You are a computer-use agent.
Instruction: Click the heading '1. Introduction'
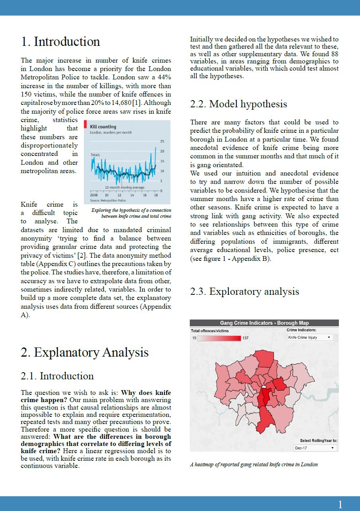(x=61, y=42)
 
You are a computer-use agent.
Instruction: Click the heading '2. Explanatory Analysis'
(x=85, y=353)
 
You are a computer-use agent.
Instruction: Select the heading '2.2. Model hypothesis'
(x=238, y=104)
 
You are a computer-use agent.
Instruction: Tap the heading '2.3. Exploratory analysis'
(x=244, y=292)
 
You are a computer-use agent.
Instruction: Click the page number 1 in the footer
(x=340, y=505)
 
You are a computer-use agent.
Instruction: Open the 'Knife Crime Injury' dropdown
(x=310, y=337)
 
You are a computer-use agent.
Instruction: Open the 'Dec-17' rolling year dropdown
(x=315, y=448)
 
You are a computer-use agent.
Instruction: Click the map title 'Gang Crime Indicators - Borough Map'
(x=264, y=323)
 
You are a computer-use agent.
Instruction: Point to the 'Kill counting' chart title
(x=103, y=126)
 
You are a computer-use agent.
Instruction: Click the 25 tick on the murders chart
(x=161, y=142)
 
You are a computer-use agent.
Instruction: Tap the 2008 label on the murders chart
(x=94, y=195)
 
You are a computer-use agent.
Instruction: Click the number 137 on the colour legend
(x=246, y=338)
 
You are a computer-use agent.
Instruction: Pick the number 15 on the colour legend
(x=194, y=338)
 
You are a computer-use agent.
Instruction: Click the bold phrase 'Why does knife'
(x=146, y=393)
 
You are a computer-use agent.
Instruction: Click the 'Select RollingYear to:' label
(x=319, y=441)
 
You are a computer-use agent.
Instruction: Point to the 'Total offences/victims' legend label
(x=210, y=331)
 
